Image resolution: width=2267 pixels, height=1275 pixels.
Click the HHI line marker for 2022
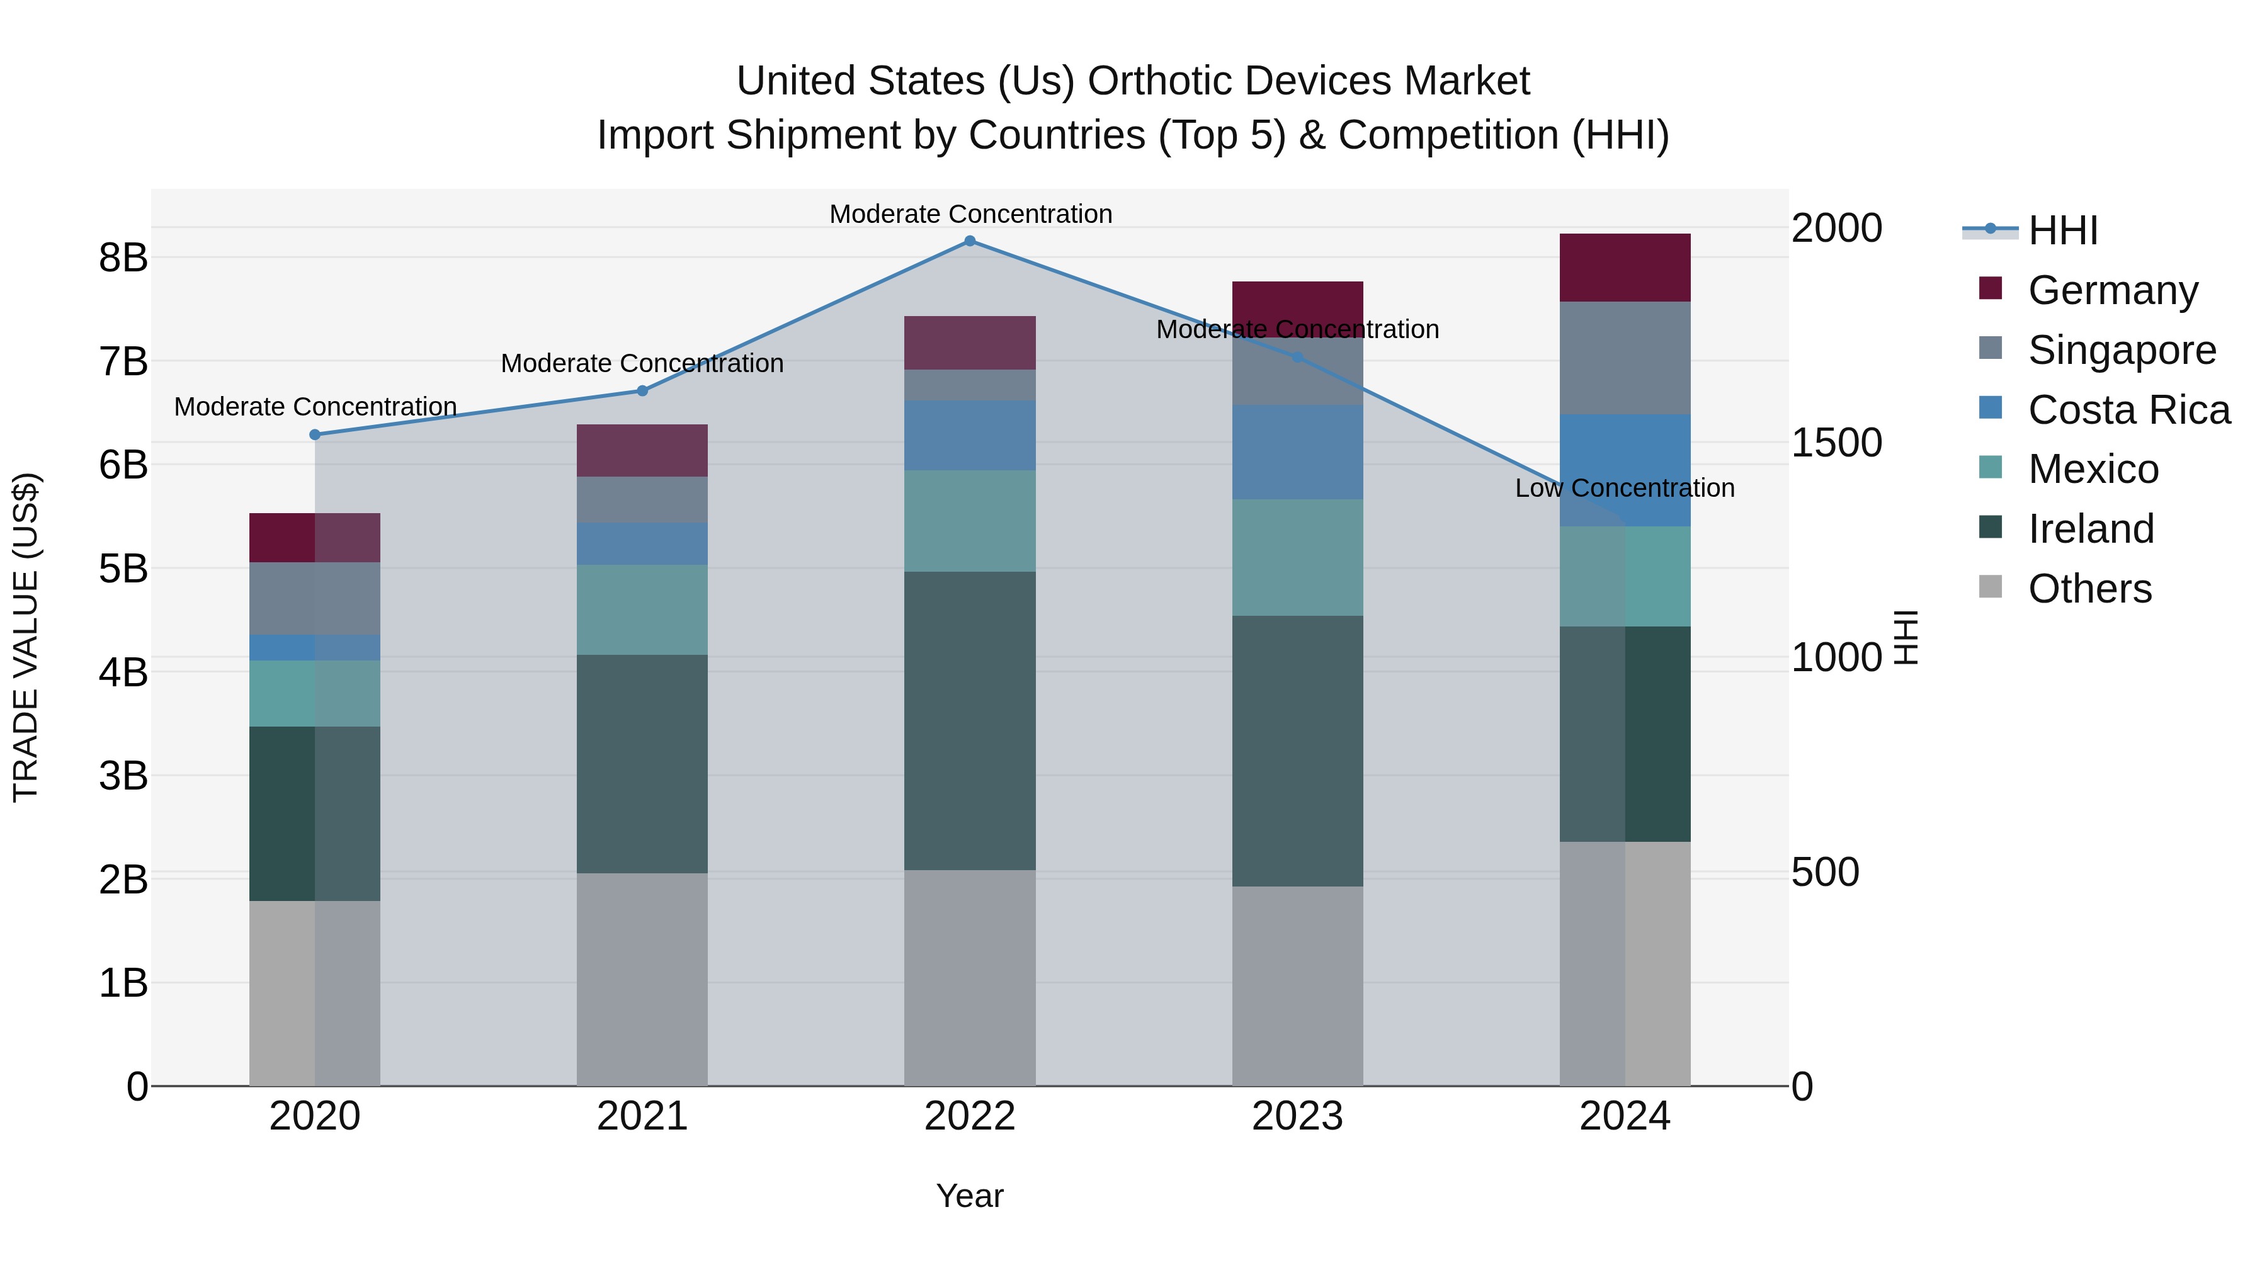coord(970,241)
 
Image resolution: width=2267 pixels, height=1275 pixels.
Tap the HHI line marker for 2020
coord(315,434)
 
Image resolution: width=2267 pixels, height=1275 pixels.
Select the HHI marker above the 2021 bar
coord(642,390)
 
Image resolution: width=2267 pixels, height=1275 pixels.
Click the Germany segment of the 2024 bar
coord(1625,268)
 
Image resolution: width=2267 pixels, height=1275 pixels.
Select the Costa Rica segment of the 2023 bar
coord(1297,451)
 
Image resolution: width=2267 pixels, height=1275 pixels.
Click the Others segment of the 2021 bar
coord(642,978)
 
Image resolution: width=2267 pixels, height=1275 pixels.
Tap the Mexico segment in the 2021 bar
coord(642,609)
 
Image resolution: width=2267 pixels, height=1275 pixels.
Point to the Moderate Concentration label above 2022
coord(970,214)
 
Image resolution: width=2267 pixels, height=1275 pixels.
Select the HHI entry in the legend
coord(2062,230)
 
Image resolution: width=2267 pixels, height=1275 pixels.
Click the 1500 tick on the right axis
coord(1837,443)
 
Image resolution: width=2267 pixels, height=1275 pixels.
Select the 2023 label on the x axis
coord(1297,1116)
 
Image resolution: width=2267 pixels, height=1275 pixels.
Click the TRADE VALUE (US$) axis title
coord(26,637)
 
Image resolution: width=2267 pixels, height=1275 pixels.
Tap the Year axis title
coord(970,1196)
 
